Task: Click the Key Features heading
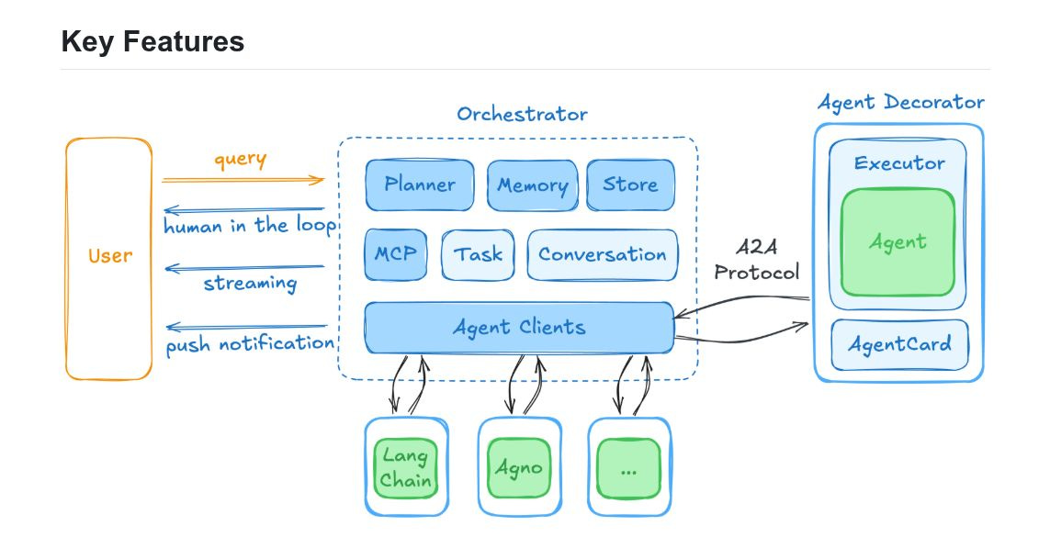point(152,41)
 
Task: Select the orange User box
point(109,257)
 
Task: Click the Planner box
point(420,185)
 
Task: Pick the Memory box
point(532,185)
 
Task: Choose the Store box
point(630,185)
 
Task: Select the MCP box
point(396,254)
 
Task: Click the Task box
point(478,254)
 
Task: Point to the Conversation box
point(603,254)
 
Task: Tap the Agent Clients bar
point(519,327)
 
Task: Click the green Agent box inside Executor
point(898,242)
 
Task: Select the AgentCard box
point(898,345)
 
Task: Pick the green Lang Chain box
point(405,467)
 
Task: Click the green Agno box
point(518,467)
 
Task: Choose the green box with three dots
point(628,467)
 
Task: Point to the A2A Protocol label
point(757,261)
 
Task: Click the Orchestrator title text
point(522,115)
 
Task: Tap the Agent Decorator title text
point(900,102)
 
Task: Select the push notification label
point(250,344)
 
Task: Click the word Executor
point(898,163)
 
